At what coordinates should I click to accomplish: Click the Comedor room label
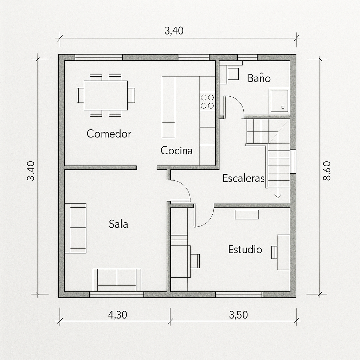click(109, 134)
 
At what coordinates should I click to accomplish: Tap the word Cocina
click(176, 150)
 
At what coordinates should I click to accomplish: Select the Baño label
click(259, 78)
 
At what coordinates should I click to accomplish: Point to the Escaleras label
click(243, 178)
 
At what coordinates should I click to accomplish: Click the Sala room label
click(118, 224)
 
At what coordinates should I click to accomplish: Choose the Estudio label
click(245, 249)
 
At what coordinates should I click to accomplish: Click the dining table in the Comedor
click(105, 96)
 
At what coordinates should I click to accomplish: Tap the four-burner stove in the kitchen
click(207, 102)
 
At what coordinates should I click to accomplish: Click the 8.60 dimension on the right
click(327, 171)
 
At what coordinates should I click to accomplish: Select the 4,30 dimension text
click(117, 315)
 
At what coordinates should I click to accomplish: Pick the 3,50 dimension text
click(238, 315)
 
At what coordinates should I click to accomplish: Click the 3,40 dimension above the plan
click(174, 31)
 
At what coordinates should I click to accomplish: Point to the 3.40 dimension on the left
click(31, 171)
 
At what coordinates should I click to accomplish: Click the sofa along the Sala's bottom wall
click(117, 280)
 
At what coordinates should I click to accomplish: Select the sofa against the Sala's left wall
click(76, 228)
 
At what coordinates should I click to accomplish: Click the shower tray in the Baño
click(279, 101)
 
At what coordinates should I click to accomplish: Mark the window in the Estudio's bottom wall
click(239, 295)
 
